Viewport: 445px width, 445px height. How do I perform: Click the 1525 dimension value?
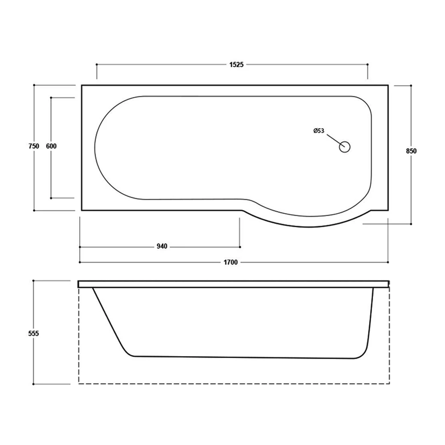click(236, 65)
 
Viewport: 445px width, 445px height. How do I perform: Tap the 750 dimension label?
click(34, 146)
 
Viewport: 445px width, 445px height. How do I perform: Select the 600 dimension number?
click(51, 146)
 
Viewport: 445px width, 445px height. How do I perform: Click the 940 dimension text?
click(162, 247)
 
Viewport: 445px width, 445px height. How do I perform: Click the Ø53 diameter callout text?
click(319, 131)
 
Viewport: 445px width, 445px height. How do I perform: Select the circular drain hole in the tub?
click(345, 146)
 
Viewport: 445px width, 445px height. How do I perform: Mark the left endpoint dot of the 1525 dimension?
click(97, 65)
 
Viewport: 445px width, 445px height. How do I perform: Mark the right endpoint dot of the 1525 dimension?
click(368, 65)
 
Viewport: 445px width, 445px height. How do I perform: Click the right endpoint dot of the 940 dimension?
click(240, 247)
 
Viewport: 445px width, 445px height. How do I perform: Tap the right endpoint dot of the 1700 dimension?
click(388, 262)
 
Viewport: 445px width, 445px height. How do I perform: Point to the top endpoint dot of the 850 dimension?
click(411, 85)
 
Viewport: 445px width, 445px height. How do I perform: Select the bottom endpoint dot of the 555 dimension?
click(34, 383)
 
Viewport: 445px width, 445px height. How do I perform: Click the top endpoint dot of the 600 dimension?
click(51, 97)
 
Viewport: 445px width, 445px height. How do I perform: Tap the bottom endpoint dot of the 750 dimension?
click(34, 210)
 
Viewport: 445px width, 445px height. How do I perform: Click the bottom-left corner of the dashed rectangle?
click(79, 383)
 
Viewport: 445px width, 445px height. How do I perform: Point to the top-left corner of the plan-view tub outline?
click(82, 85)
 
